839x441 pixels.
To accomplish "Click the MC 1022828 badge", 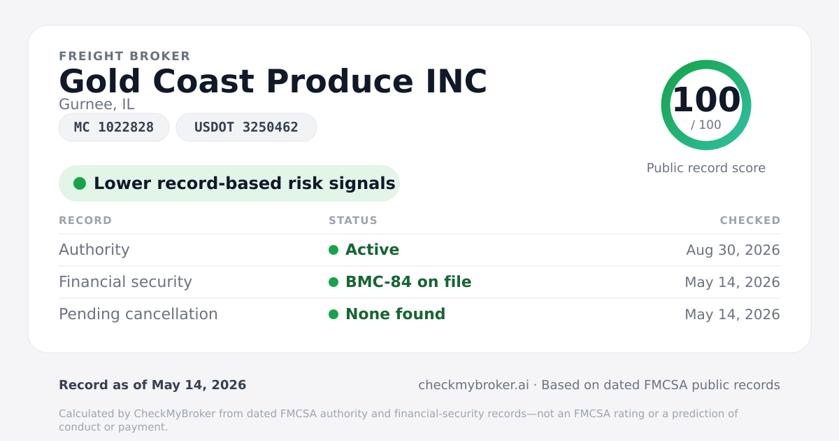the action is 114,127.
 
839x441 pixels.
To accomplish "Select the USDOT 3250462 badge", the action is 246,127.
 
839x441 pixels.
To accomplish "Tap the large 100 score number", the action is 706,99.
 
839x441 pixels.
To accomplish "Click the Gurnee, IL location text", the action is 96,104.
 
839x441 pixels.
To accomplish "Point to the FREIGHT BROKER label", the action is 124,56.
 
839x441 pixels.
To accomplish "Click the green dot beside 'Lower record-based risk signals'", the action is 80,183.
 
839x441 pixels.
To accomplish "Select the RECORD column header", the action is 85,220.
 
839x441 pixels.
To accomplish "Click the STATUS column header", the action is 353,220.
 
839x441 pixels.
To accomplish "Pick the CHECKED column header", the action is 750,220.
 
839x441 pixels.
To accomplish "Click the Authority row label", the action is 94,250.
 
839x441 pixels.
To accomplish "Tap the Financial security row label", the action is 125,282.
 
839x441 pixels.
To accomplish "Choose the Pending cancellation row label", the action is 138,314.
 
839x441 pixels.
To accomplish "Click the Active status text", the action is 372,250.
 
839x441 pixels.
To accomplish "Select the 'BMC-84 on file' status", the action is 408,282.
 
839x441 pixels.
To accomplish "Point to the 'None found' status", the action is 395,314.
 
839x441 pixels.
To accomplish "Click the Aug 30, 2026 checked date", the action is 733,250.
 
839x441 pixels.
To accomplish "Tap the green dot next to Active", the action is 334,250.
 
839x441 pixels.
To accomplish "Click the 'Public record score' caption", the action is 706,168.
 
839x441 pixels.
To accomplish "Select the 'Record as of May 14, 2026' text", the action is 152,385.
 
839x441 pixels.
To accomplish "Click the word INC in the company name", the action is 456,81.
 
